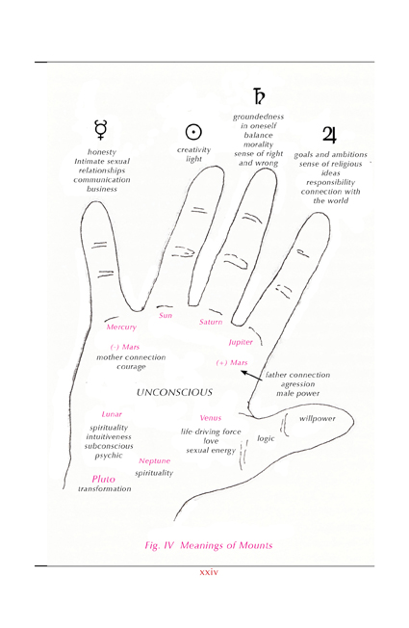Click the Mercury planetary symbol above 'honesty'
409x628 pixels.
coord(100,130)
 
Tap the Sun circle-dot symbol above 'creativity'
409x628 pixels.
coord(193,132)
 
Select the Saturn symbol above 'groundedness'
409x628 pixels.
coord(259,95)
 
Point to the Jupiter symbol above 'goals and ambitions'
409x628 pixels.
coord(329,135)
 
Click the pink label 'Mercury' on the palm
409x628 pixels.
coord(121,327)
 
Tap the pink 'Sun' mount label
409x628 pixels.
coord(166,315)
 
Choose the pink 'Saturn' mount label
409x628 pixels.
coord(211,322)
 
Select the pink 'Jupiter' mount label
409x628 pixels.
coord(241,342)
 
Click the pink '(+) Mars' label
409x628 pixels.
coord(232,363)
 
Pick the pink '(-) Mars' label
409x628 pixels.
coord(125,347)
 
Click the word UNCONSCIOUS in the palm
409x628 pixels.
coord(174,392)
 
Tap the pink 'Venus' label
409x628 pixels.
coord(211,418)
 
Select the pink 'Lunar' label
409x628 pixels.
coord(112,414)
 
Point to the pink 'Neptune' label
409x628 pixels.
coord(155,461)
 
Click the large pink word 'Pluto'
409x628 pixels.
coord(103,479)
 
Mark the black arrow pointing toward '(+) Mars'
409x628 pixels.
coord(252,376)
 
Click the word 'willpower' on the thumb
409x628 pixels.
coord(318,419)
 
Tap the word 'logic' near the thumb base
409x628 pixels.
coord(266,438)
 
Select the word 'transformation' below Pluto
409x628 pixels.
coord(105,488)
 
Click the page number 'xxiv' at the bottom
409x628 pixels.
coord(209,572)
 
